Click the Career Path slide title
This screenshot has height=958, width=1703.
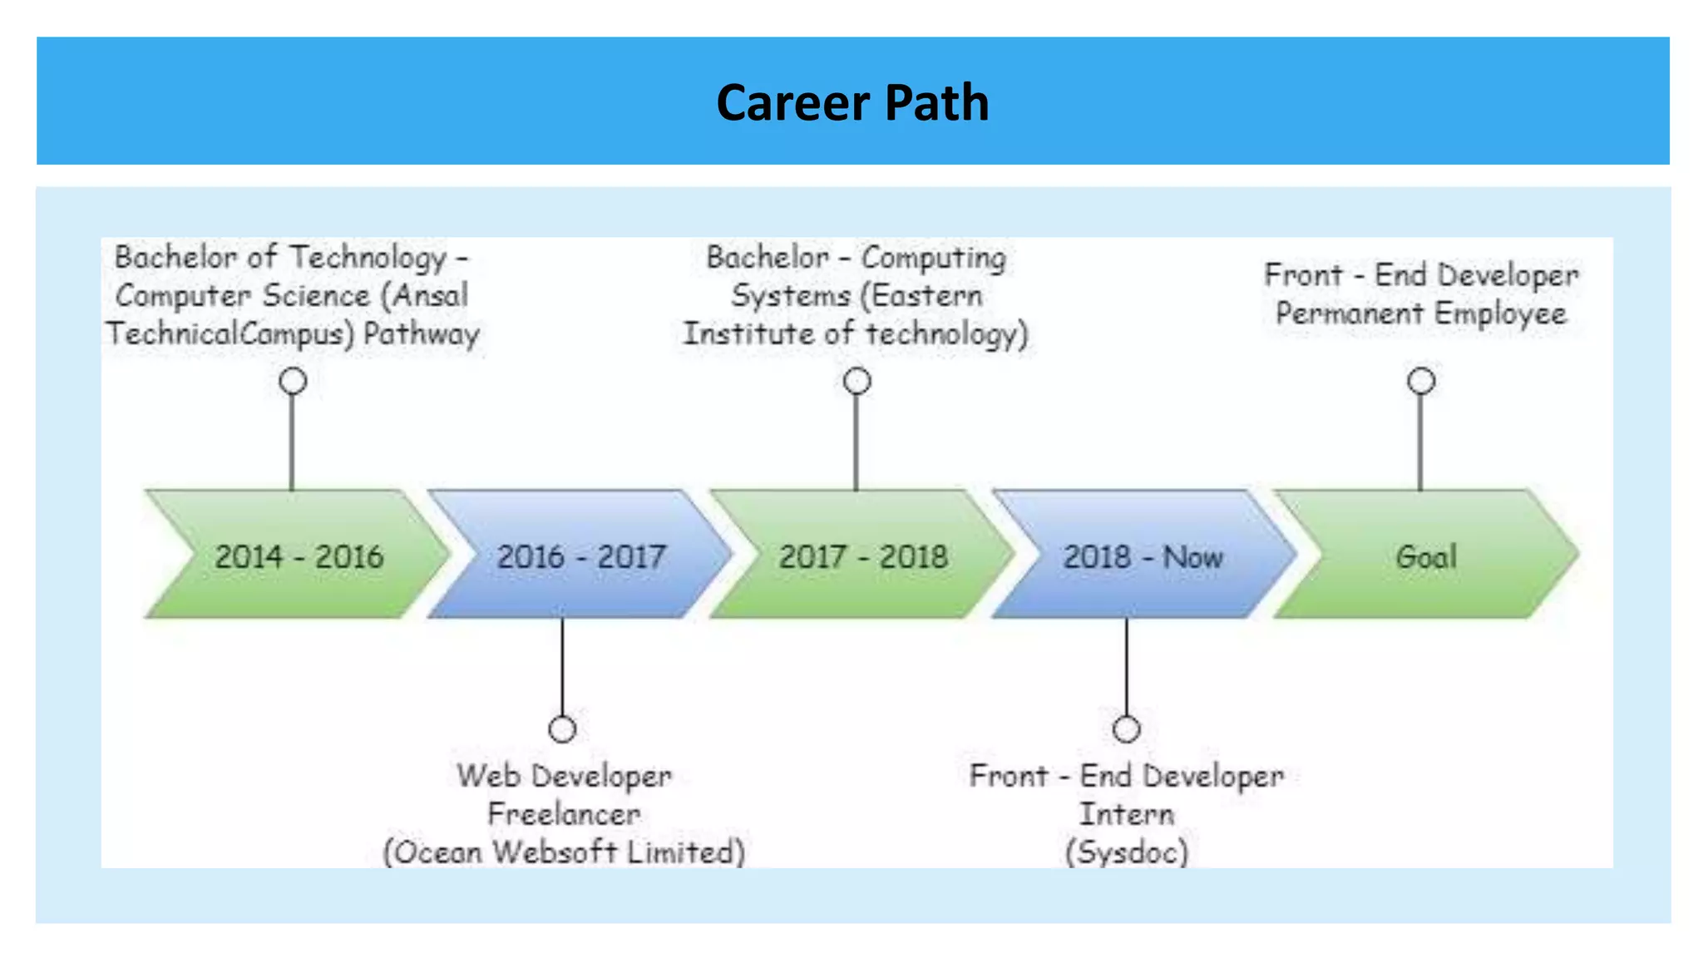tap(852, 103)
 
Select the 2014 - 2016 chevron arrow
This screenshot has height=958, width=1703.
tap(299, 556)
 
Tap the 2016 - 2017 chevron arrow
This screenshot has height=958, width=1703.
tap(581, 556)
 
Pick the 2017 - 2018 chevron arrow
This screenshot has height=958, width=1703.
tap(863, 556)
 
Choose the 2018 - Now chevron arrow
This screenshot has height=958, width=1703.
tap(1143, 556)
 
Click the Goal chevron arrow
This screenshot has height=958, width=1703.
tap(1426, 556)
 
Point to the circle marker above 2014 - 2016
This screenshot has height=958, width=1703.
tap(293, 381)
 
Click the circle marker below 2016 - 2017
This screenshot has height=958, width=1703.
tap(563, 729)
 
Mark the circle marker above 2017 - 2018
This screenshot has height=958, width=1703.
tap(857, 381)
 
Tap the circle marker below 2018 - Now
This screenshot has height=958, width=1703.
tap(1127, 729)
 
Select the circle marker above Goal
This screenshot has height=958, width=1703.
tap(1421, 381)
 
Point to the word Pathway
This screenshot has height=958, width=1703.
tap(422, 334)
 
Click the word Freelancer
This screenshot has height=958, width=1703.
tap(564, 813)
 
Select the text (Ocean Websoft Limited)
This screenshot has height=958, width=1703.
tap(564, 852)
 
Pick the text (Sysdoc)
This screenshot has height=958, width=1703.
tap(1127, 852)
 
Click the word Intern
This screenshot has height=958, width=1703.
tap(1127, 813)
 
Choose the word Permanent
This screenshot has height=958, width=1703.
tap(1349, 314)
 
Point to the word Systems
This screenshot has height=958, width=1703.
tap(791, 295)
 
